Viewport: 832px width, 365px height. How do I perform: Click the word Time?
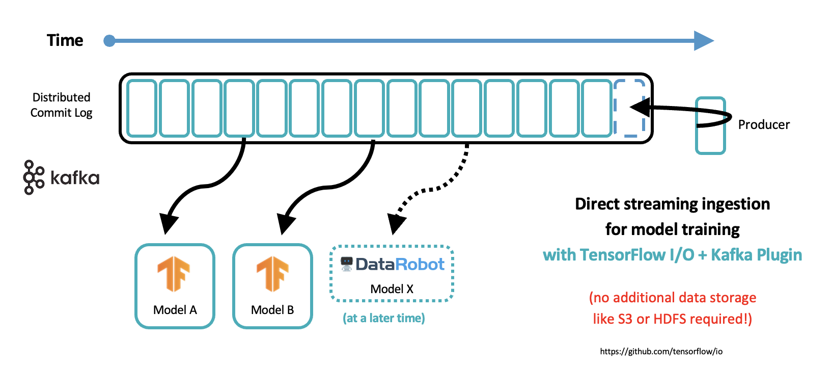point(65,40)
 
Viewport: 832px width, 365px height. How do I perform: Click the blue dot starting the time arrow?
point(109,41)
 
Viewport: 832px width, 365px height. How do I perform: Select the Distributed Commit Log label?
point(61,105)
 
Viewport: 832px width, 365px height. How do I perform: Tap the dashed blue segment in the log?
point(629,108)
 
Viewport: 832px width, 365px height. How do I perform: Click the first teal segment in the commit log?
point(142,108)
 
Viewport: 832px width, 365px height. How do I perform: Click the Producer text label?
point(764,124)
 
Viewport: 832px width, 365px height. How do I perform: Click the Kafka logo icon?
point(34,177)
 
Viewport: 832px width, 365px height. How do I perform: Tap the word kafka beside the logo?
point(75,178)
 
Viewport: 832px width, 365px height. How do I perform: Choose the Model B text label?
point(272,310)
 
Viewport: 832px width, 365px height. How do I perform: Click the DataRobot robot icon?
point(347,264)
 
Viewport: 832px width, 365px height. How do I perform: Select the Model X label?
point(392,289)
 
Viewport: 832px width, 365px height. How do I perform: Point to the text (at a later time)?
point(384,318)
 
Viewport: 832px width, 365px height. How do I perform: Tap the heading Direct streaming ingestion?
point(672,204)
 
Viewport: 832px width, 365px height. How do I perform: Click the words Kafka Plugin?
point(756,255)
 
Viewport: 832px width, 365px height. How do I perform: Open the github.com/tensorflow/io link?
point(661,351)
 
